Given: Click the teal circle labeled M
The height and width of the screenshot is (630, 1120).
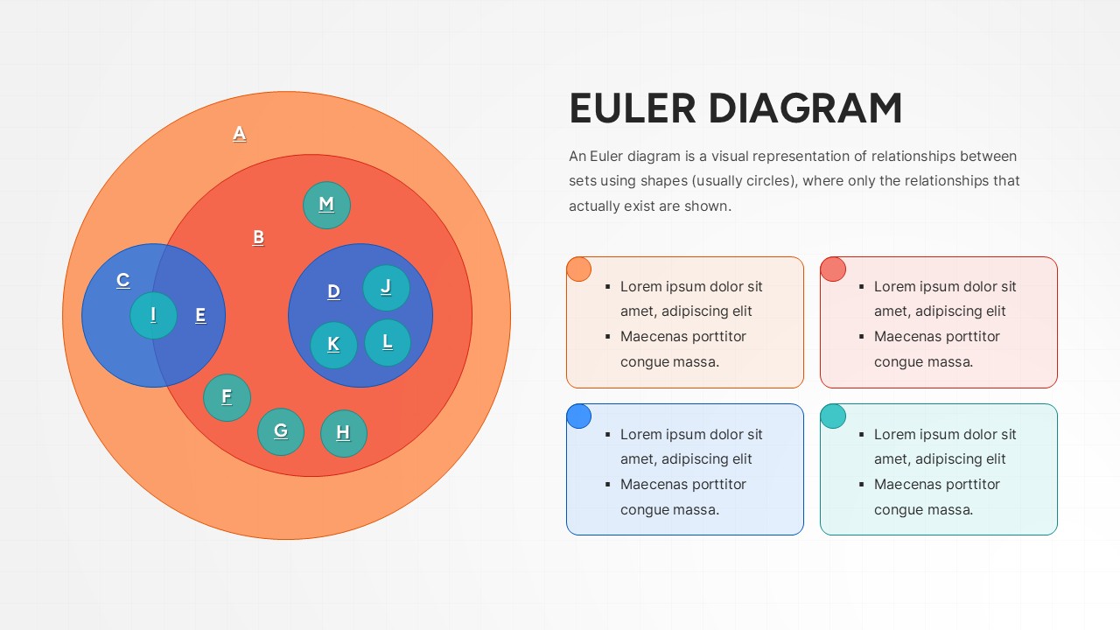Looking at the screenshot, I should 326,205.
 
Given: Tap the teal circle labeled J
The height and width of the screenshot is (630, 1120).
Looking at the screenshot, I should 386,287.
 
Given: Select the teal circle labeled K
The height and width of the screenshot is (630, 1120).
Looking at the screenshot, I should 333,345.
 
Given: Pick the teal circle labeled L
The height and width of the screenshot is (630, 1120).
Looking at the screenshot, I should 388,341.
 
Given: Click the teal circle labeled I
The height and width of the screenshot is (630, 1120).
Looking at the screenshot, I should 153,315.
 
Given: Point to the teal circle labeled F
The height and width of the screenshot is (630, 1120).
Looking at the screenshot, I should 227,397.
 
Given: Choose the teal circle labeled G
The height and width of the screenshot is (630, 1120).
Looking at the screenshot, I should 281,430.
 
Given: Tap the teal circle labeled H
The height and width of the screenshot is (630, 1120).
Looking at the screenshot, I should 343,432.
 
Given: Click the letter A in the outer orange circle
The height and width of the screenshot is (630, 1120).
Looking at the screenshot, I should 239,134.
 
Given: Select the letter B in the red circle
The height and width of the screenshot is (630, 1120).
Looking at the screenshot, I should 258,237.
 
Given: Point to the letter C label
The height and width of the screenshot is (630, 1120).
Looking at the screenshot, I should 123,280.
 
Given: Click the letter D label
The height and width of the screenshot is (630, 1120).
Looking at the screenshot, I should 333,292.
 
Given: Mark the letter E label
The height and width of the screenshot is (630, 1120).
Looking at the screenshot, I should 200,316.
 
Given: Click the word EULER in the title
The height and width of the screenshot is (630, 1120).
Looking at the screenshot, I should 633,109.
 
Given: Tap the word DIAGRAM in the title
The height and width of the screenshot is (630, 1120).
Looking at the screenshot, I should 805,109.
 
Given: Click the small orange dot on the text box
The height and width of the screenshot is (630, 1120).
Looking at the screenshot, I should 578,269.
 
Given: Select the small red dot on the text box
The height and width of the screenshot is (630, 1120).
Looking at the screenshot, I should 833,269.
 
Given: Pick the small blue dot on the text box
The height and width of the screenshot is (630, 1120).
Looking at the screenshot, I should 578,416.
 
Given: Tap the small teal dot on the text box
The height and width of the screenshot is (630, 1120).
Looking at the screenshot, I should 833,416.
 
